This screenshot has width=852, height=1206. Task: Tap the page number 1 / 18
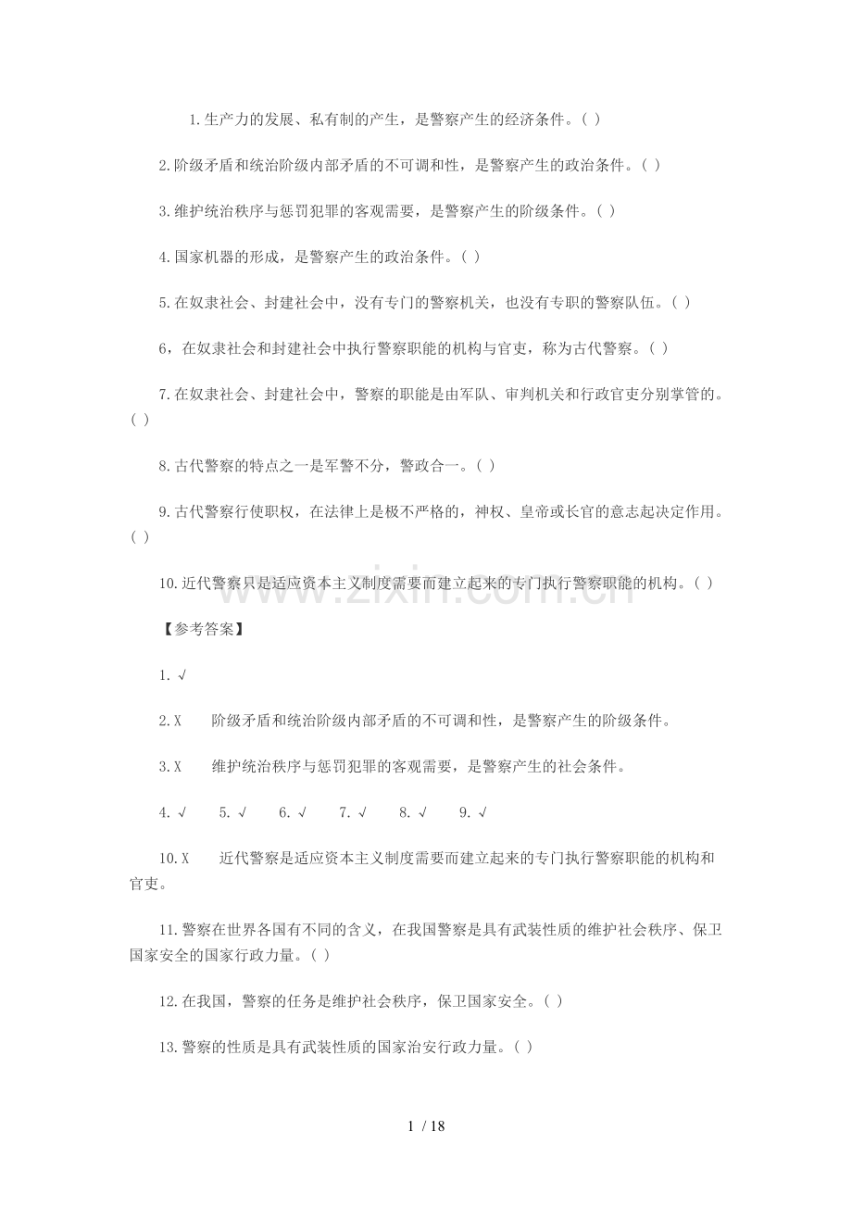click(x=426, y=1126)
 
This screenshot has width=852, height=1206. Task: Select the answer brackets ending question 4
click(x=470, y=258)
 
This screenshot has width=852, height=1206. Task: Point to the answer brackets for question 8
click(x=485, y=466)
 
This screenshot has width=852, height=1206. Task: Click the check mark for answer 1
click(x=182, y=675)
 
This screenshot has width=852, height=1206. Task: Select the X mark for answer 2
click(x=177, y=721)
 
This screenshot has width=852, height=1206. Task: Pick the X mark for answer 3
click(x=177, y=767)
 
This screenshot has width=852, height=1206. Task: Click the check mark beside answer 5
click(x=242, y=813)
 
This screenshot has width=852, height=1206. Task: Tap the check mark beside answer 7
click(x=362, y=813)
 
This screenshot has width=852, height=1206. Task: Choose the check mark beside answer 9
click(x=482, y=813)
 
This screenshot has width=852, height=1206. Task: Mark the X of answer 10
click(x=184, y=859)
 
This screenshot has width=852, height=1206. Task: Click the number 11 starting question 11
click(x=168, y=929)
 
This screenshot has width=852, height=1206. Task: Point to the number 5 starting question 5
click(x=163, y=303)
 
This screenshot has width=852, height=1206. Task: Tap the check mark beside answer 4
click(x=182, y=813)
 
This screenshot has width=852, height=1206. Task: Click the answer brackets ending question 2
click(x=650, y=166)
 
